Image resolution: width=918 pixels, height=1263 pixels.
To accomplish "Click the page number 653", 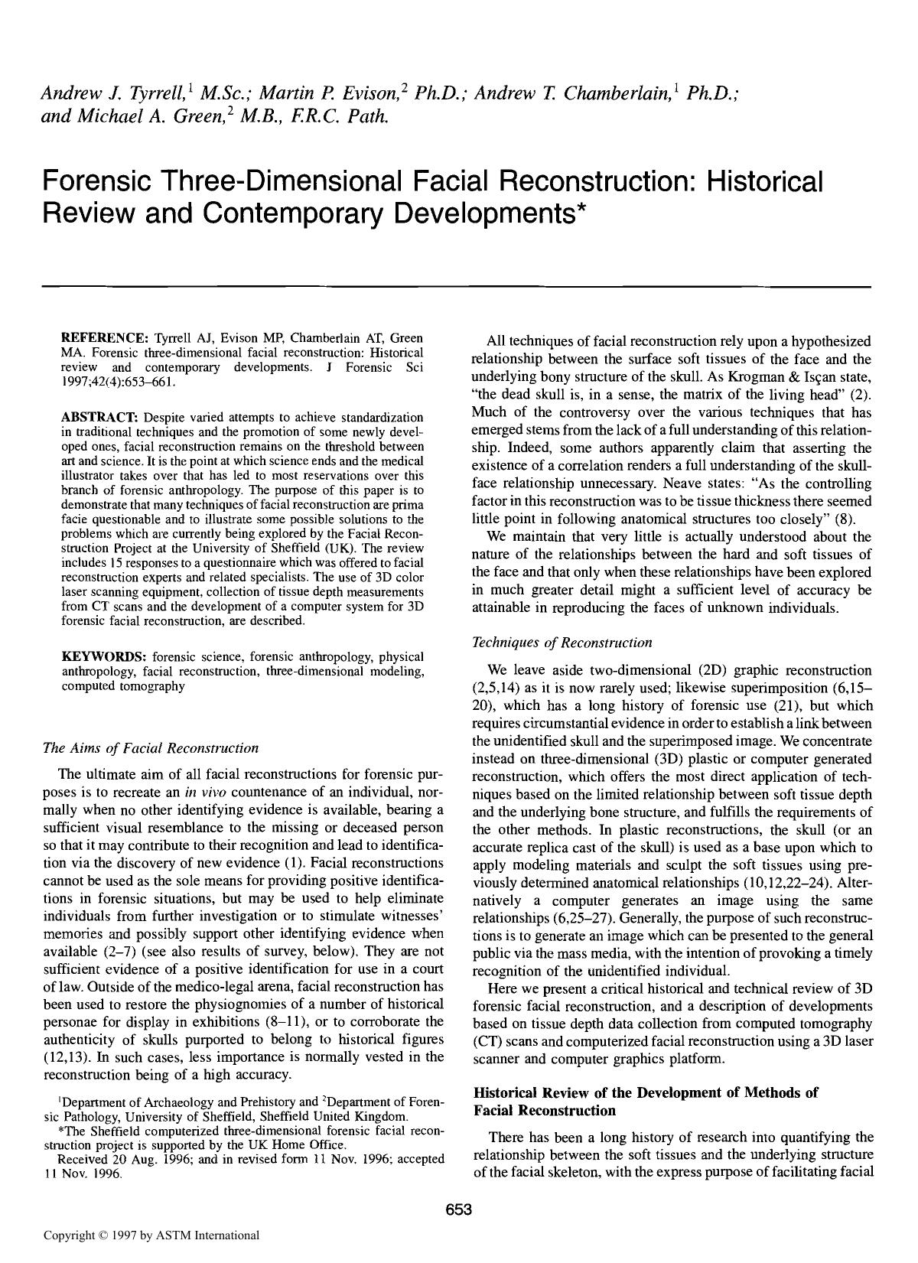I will (x=459, y=1209).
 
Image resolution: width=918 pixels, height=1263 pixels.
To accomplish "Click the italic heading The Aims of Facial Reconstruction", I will (x=151, y=747).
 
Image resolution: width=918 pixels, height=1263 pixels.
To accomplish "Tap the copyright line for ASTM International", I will (x=151, y=1235).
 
